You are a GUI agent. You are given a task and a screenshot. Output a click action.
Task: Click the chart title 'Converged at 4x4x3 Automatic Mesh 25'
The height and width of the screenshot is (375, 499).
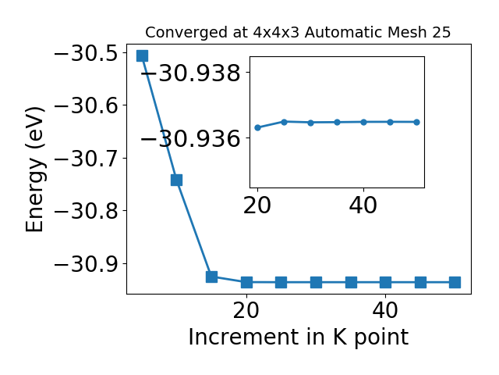pyautogui.click(x=298, y=32)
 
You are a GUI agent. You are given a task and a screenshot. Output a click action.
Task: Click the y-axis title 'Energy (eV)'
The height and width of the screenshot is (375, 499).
pyautogui.click(x=34, y=170)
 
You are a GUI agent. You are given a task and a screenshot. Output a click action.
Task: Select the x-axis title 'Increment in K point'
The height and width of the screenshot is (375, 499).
pyautogui.click(x=298, y=337)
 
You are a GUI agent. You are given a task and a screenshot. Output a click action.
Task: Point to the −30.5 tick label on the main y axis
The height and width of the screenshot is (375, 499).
pyautogui.click(x=87, y=53)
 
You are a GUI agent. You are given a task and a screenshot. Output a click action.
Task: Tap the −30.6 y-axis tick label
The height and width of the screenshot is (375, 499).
pyautogui.click(x=87, y=105)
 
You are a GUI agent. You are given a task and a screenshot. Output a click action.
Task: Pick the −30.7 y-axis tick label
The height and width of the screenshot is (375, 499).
pyautogui.click(x=87, y=159)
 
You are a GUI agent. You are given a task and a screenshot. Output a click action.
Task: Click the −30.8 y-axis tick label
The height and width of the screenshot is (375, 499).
pyautogui.click(x=87, y=211)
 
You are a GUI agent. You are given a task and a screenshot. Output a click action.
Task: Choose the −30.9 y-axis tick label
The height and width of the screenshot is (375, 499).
pyautogui.click(x=87, y=264)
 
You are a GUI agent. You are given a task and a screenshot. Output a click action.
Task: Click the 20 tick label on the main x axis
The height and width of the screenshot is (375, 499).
pyautogui.click(x=246, y=310)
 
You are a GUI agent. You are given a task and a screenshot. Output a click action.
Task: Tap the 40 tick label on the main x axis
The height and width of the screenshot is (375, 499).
pyautogui.click(x=385, y=310)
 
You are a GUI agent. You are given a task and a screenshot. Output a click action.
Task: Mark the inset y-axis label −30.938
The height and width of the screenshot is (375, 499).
pyautogui.click(x=190, y=73)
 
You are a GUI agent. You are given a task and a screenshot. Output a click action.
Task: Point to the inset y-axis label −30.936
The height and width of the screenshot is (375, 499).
pyautogui.click(x=190, y=139)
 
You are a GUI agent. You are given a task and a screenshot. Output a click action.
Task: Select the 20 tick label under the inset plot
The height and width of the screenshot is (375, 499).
pyautogui.click(x=257, y=205)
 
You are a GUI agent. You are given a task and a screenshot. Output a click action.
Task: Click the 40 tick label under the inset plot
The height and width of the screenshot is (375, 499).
pyautogui.click(x=363, y=205)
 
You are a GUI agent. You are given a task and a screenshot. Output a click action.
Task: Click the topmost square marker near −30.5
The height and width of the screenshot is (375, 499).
pyautogui.click(x=142, y=55)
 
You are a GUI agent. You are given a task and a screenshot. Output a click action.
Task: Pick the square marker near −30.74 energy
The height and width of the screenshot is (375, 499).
pyautogui.click(x=177, y=180)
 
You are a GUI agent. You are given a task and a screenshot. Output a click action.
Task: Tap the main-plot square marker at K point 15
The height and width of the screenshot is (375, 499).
pyautogui.click(x=211, y=277)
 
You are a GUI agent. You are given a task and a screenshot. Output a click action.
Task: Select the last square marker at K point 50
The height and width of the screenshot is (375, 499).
pyautogui.click(x=455, y=282)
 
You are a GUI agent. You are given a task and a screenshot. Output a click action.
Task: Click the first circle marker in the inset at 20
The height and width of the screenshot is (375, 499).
pyautogui.click(x=258, y=127)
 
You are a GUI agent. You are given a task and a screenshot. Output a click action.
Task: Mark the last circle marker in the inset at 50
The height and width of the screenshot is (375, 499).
pyautogui.click(x=416, y=122)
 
